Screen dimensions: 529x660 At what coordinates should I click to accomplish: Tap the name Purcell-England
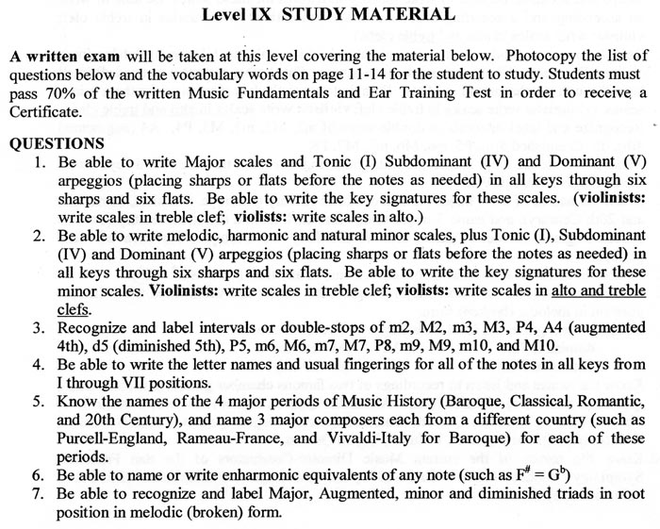tap(107, 437)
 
